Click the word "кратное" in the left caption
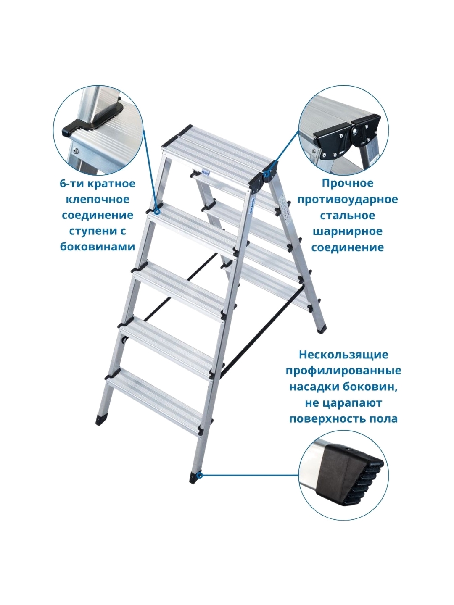[113, 184]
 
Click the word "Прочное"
[348, 183]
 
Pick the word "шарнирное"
[348, 231]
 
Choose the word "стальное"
[348, 215]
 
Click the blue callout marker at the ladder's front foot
[201, 475]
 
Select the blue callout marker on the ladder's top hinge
[266, 174]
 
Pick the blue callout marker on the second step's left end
[157, 212]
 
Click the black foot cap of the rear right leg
[321, 329]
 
